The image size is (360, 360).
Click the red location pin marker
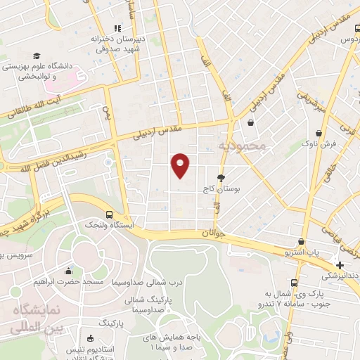click(181, 165)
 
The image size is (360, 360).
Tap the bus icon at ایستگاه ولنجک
click(108, 214)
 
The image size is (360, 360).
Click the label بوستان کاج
click(218, 189)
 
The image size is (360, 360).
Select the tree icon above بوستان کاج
click(221, 178)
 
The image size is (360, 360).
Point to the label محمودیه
click(242, 146)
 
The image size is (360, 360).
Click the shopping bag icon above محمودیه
click(250, 123)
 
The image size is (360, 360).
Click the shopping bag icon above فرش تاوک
click(320, 131)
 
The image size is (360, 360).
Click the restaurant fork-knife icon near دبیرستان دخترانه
click(117, 27)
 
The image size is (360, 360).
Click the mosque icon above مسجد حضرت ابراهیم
click(68, 271)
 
